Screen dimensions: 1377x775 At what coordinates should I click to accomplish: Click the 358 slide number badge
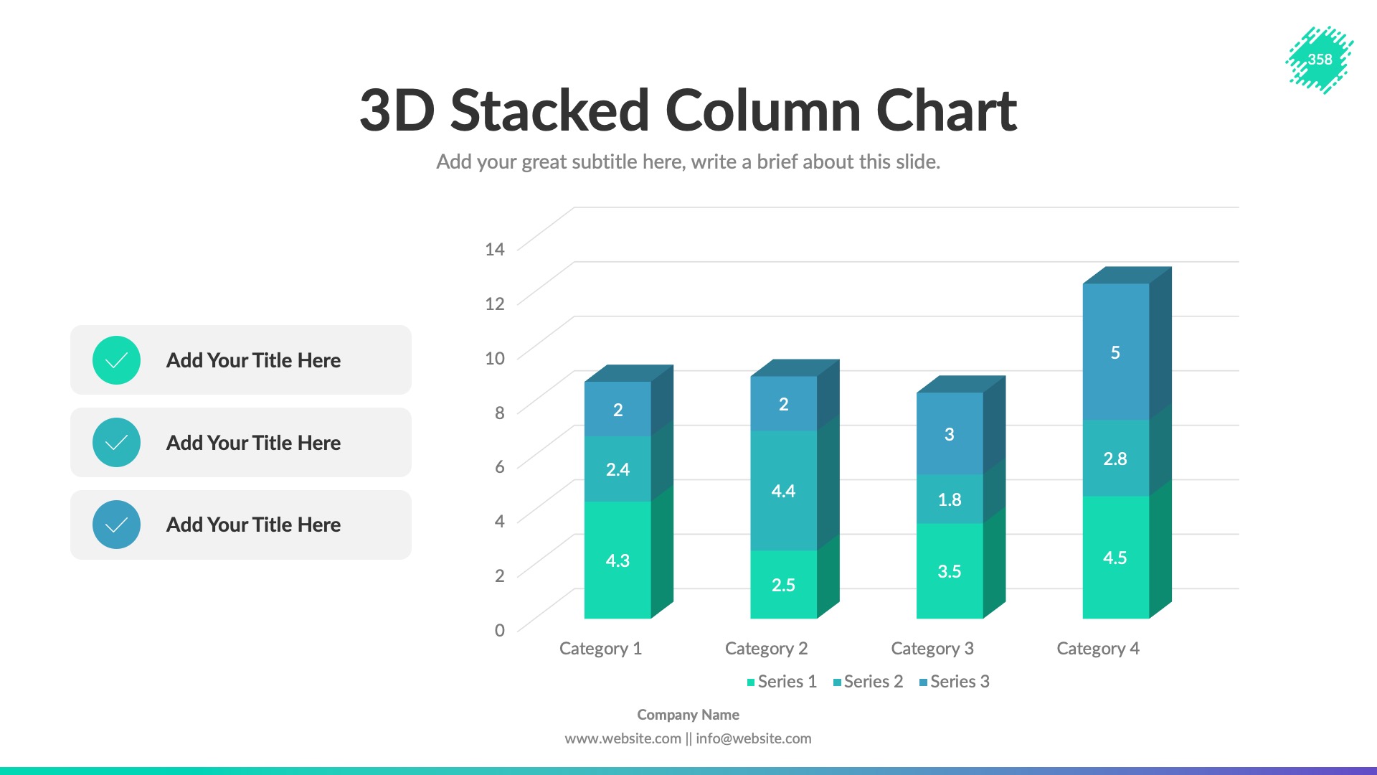[x=1320, y=60]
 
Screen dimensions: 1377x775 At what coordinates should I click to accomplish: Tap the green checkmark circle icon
[x=116, y=360]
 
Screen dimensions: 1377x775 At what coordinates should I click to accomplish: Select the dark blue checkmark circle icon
[x=116, y=525]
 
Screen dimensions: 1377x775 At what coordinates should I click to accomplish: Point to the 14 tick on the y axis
[x=494, y=249]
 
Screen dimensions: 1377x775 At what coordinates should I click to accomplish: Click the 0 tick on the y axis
[x=500, y=630]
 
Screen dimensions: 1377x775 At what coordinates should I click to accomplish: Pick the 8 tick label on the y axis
[x=500, y=413]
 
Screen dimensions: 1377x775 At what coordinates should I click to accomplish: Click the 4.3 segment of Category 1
[x=617, y=560]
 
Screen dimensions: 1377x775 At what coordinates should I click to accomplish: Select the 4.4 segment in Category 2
[x=783, y=491]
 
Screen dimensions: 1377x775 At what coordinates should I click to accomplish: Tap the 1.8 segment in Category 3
[x=950, y=499]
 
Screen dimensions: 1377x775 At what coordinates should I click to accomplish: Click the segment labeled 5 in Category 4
[x=1115, y=352]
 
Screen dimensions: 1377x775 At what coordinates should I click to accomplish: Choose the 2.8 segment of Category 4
[x=1115, y=459]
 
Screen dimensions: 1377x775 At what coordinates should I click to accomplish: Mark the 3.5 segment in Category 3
[x=950, y=571]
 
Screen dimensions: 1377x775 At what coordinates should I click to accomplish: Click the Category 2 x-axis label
[x=766, y=649]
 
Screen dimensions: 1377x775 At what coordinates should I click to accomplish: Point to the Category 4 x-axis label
[x=1098, y=649]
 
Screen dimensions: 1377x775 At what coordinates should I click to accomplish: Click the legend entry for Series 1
[x=782, y=682]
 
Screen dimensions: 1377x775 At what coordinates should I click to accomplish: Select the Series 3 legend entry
[x=955, y=682]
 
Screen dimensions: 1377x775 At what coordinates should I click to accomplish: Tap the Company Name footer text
[x=688, y=715]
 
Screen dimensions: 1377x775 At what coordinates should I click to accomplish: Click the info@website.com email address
[x=753, y=738]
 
